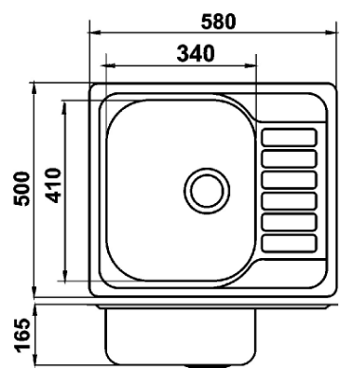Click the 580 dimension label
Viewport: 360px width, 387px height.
click(219, 22)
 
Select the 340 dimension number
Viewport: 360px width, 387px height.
click(196, 53)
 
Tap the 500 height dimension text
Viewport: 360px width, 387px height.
click(22, 189)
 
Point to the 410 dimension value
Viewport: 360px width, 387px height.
click(52, 186)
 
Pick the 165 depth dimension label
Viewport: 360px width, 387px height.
click(23, 336)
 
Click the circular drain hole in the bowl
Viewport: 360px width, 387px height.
click(207, 191)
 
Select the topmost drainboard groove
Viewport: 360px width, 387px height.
click(289, 138)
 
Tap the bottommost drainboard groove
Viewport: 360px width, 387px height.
click(289, 244)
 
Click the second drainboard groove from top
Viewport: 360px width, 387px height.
click(289, 158)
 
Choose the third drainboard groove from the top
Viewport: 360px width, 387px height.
click(289, 180)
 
